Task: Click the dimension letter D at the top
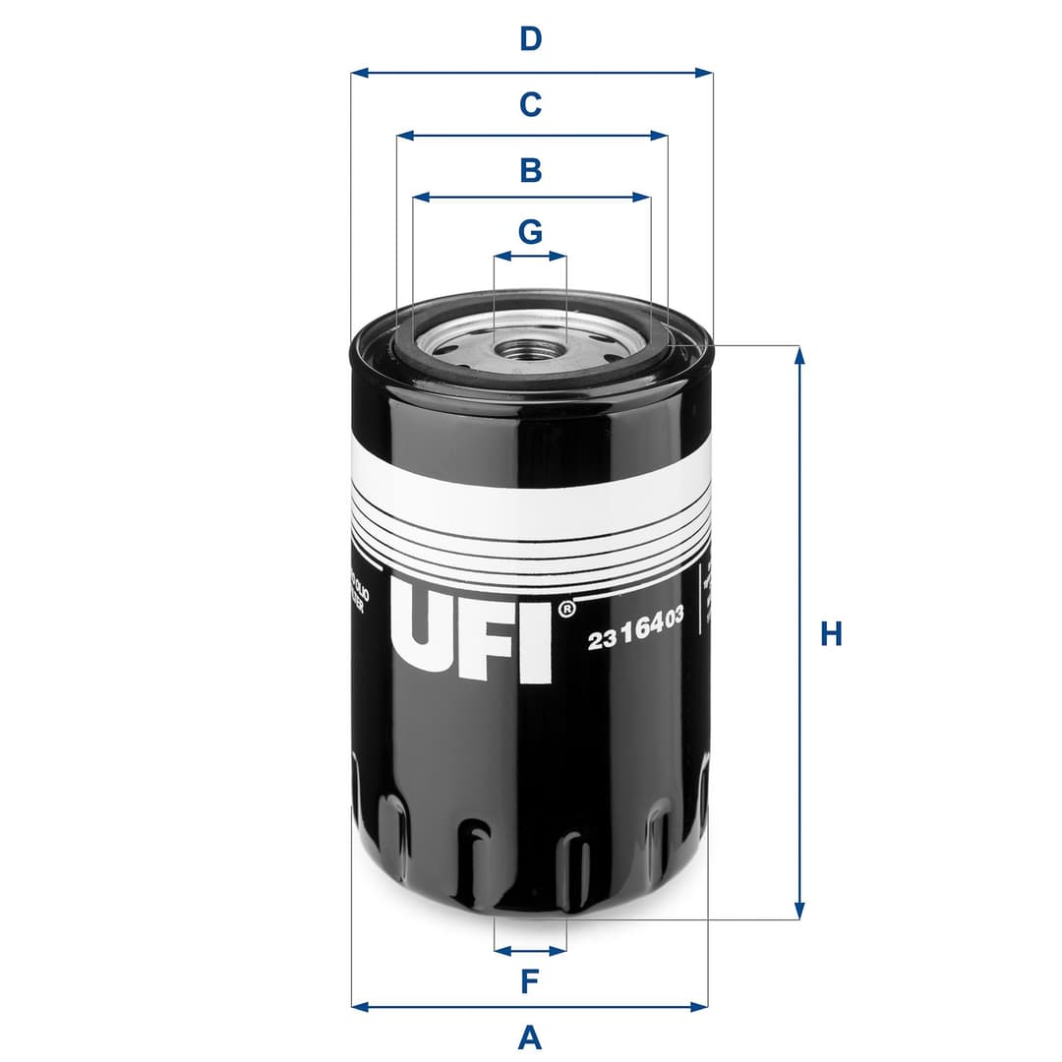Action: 531,39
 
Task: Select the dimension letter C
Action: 531,103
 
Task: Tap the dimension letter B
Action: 531,170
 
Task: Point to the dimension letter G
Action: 531,232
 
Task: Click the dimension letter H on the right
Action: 832,634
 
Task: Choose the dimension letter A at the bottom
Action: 530,1036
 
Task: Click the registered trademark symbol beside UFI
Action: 566,610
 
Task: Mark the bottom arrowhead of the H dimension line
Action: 799,912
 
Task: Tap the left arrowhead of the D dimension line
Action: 358,73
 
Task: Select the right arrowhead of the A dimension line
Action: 700,1006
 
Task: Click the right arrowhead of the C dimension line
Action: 661,136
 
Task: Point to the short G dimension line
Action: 530,257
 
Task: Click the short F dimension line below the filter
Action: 530,950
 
